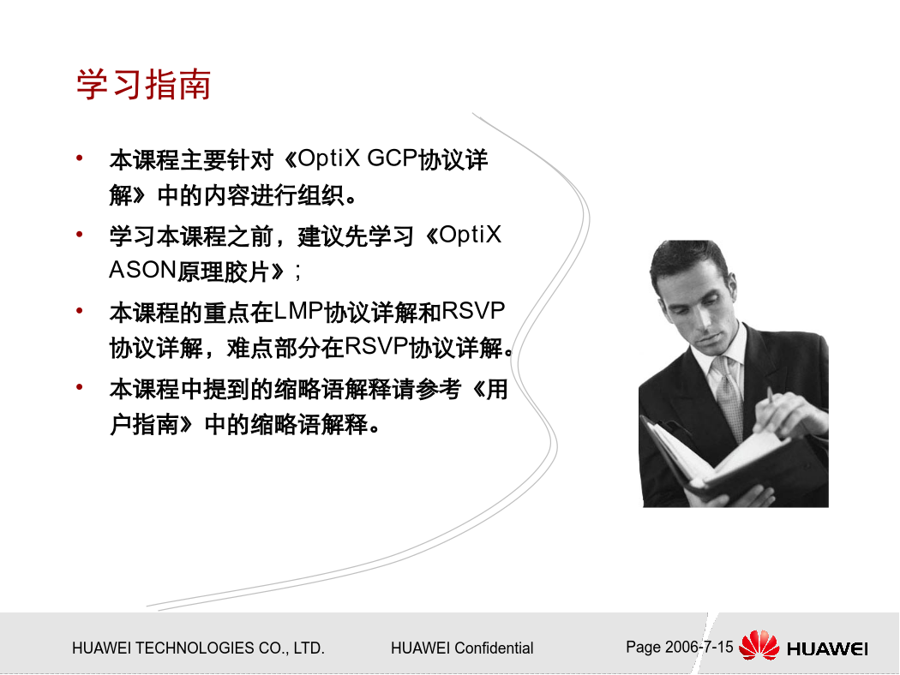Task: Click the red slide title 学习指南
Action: pyautogui.click(x=143, y=85)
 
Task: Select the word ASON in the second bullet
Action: pyautogui.click(x=142, y=270)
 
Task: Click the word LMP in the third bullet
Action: pyautogui.click(x=298, y=311)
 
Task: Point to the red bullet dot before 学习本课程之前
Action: pyautogui.click(x=80, y=234)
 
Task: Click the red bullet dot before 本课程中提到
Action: pyautogui.click(x=80, y=387)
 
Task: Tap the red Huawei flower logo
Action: pyautogui.click(x=759, y=645)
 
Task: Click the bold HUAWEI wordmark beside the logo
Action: pyautogui.click(x=827, y=649)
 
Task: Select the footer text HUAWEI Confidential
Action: pyautogui.click(x=462, y=648)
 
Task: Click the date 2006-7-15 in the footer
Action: pyautogui.click(x=699, y=647)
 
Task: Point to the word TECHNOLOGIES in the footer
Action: pyautogui.click(x=195, y=648)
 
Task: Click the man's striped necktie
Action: pyautogui.click(x=728, y=395)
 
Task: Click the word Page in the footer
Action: pyautogui.click(x=644, y=648)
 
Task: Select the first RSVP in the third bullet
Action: pyautogui.click(x=473, y=311)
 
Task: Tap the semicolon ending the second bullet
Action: pyautogui.click(x=297, y=272)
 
